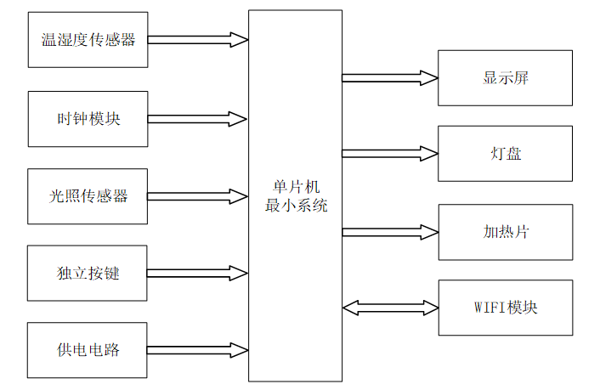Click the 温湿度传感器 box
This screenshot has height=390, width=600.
coord(88,40)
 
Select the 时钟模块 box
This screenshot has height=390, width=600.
coord(88,119)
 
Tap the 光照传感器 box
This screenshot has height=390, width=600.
coord(88,196)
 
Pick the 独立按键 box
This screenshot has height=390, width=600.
coord(88,274)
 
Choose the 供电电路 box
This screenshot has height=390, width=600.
coord(88,350)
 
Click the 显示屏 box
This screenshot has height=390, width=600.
coord(506,78)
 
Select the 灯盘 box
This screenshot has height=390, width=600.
coord(506,154)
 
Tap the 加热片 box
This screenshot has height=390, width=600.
coord(506,232)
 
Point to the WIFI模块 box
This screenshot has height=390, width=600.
coord(506,308)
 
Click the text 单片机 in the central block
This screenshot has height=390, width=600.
coord(295,187)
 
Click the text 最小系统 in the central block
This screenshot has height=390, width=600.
coord(295,206)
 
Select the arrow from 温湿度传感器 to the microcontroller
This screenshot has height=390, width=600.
coord(197,40)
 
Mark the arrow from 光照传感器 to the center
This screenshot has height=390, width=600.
coord(197,195)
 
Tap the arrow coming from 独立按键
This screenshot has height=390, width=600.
coord(197,274)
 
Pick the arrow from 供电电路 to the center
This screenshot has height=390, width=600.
coord(197,349)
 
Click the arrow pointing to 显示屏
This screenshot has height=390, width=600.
coord(390,78)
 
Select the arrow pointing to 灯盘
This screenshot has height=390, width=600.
coord(390,154)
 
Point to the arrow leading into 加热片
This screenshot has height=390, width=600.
coord(390,232)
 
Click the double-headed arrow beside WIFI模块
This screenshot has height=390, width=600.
coord(390,308)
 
